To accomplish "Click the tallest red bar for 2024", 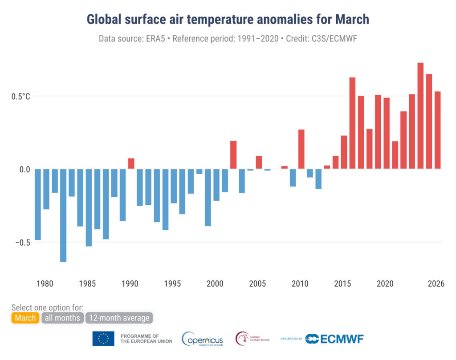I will [x=420, y=116].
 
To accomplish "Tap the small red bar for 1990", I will [x=131, y=163].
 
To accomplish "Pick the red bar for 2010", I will [x=301, y=149].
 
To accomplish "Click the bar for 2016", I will [x=352, y=123].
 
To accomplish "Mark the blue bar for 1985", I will [x=89, y=207].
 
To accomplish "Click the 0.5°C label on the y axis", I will [x=20, y=96].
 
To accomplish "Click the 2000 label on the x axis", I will [x=216, y=284].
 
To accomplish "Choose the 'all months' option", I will [x=62, y=318].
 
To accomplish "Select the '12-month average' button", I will [x=119, y=318].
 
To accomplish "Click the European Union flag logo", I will [x=103, y=339].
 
